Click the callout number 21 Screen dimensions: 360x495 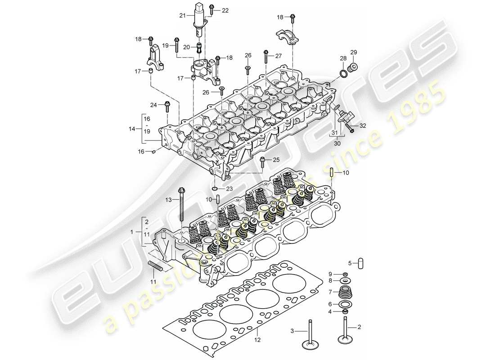tap(182, 16)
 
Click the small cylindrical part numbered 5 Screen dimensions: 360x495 tap(360, 263)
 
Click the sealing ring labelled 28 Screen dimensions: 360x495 tap(345, 73)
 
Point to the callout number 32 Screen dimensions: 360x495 tap(363, 126)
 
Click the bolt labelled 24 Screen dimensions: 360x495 tap(167, 106)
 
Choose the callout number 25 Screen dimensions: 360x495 tap(276, 160)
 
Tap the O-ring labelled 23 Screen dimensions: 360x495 tap(215, 189)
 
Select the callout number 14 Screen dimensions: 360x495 tap(131, 129)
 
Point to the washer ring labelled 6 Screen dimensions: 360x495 tap(345, 304)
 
